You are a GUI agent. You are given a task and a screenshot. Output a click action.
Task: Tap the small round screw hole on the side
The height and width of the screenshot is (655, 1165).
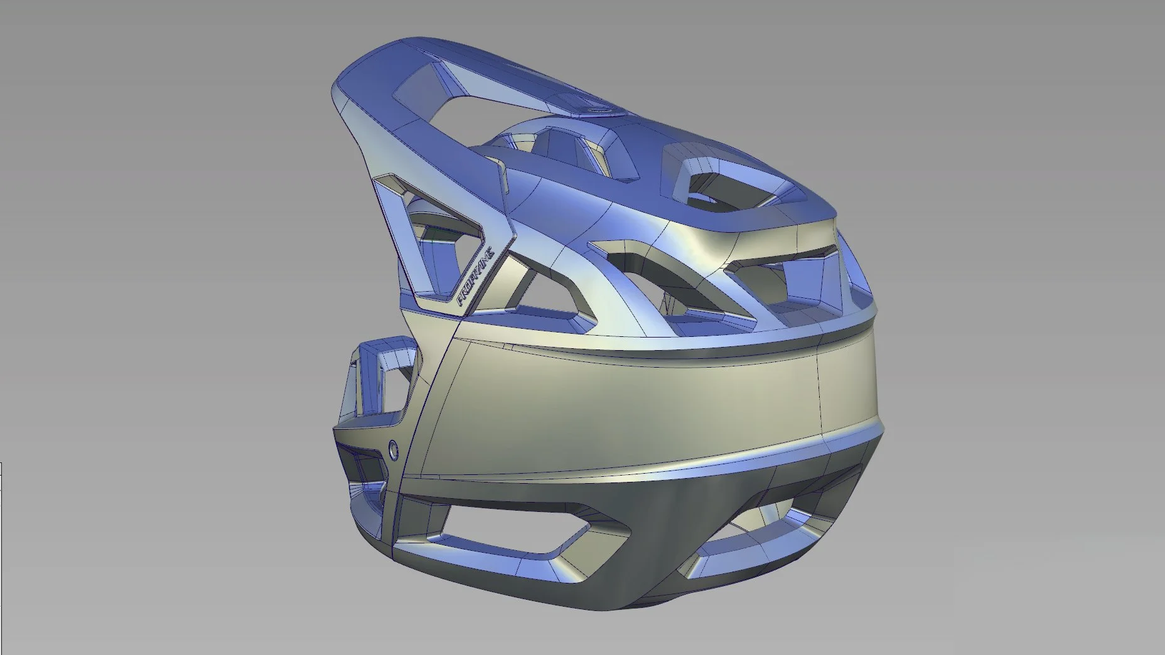tap(394, 449)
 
